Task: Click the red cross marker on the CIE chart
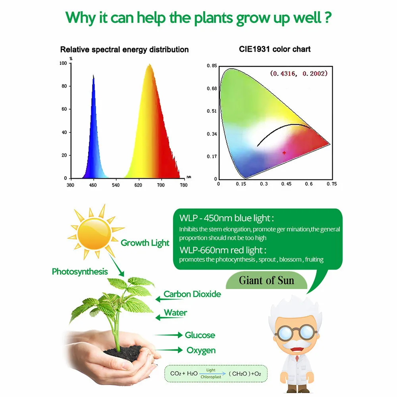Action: pyautogui.click(x=284, y=153)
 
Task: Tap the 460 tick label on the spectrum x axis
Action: pyautogui.click(x=93, y=185)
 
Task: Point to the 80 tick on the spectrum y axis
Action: pyautogui.click(x=64, y=86)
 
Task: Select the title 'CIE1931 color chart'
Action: pyautogui.click(x=275, y=49)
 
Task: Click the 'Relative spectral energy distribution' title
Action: pyautogui.click(x=124, y=49)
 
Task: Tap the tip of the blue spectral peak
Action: pyautogui.click(x=93, y=75)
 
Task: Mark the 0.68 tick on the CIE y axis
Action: pyautogui.click(x=212, y=89)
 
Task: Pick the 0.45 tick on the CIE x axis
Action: pyautogui.click(x=286, y=184)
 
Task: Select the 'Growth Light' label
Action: pyautogui.click(x=145, y=243)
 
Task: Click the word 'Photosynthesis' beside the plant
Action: pyautogui.click(x=80, y=272)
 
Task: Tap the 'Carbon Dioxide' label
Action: pyautogui.click(x=192, y=294)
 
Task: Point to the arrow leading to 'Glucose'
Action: pyautogui.click(x=169, y=335)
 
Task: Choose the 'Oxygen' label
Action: pyautogui.click(x=201, y=351)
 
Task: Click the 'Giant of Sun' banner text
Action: pyautogui.click(x=267, y=280)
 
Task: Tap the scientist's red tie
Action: pyautogui.click(x=297, y=358)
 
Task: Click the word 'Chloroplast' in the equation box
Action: pyautogui.click(x=211, y=377)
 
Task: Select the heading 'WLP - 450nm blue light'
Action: pyautogui.click(x=226, y=218)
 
